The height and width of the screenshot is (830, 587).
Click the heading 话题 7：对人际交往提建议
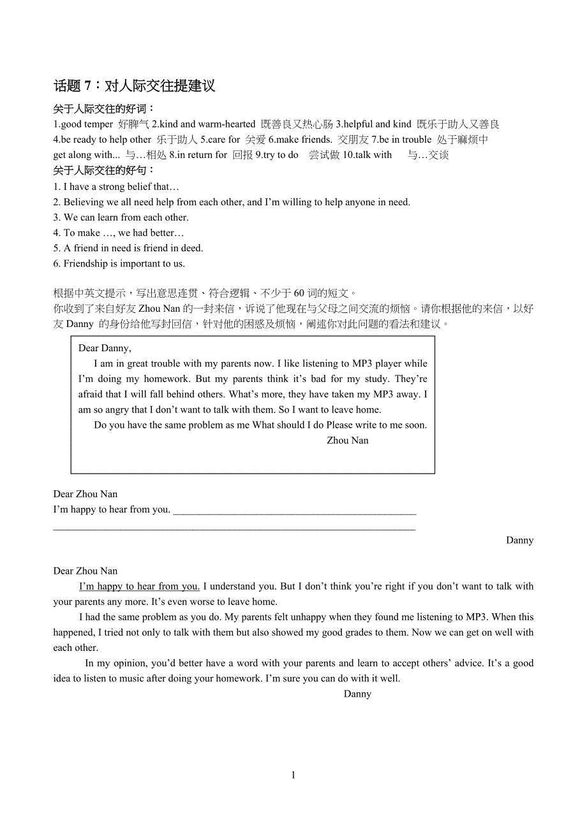(x=134, y=86)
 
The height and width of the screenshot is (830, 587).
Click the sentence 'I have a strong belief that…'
(x=121, y=187)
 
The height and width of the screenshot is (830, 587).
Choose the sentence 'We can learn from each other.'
(x=126, y=217)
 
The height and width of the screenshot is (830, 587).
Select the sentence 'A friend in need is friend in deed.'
(x=133, y=248)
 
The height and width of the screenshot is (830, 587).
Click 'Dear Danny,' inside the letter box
(x=105, y=348)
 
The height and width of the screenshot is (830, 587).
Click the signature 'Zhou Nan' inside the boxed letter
(x=347, y=440)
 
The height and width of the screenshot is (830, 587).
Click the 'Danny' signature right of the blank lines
(x=519, y=541)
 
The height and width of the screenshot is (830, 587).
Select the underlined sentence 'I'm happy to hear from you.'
(x=139, y=586)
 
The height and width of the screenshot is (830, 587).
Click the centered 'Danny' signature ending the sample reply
(x=357, y=694)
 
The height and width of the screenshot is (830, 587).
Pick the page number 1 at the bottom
(x=293, y=775)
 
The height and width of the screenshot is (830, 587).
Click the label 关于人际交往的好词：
(x=105, y=109)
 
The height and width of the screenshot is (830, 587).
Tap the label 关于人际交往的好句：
(x=105, y=171)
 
